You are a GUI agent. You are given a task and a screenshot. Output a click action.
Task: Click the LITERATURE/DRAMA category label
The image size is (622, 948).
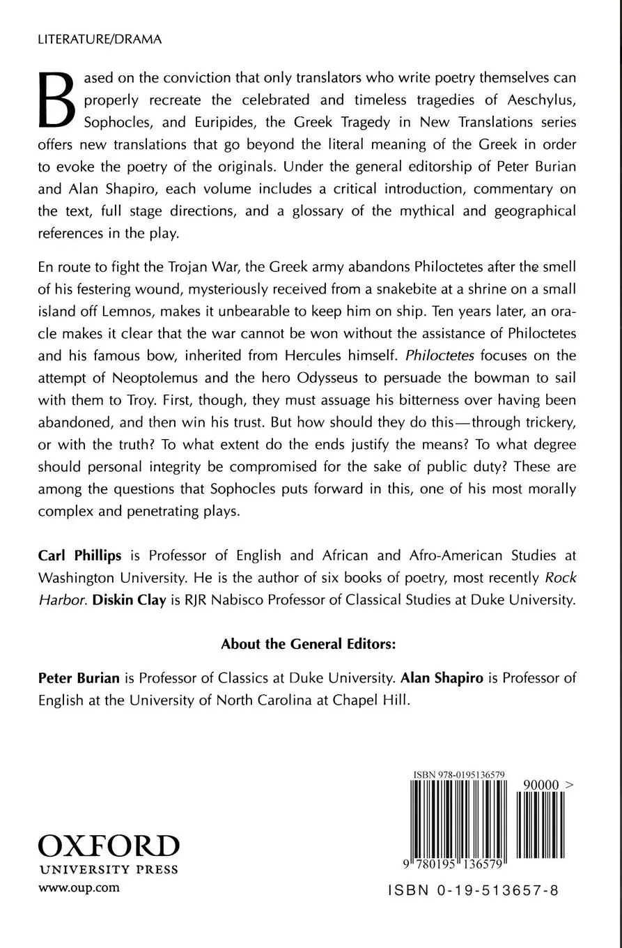[100, 40]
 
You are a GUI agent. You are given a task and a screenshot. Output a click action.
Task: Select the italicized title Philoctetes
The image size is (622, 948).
[440, 355]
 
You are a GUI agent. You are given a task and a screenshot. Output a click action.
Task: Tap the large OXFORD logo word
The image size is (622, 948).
[108, 845]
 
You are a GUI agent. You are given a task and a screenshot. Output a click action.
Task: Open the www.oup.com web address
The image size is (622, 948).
[79, 887]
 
